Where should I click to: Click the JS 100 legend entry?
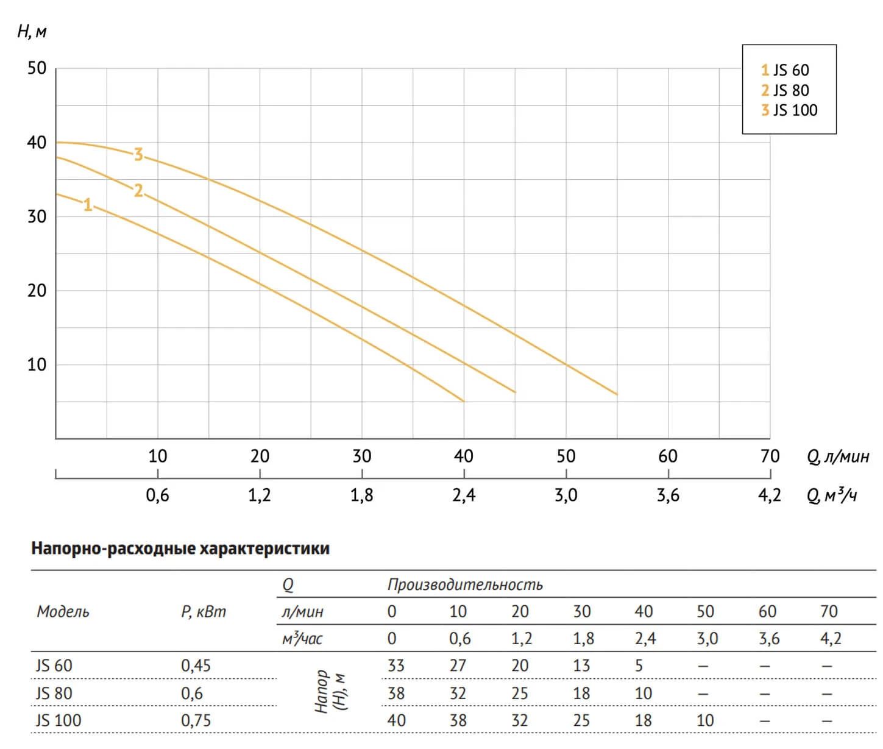[x=789, y=110]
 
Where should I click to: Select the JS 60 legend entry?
[x=785, y=70]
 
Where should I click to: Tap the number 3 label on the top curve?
[x=138, y=155]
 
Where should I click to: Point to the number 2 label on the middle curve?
[x=138, y=191]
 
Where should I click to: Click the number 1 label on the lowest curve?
[x=88, y=205]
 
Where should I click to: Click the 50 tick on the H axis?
[x=37, y=68]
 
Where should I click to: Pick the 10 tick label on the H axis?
[x=37, y=364]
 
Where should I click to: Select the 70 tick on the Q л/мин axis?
[x=770, y=456]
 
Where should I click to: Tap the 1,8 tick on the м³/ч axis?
[x=361, y=495]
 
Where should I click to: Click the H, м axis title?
[x=32, y=31]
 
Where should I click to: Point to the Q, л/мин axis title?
[x=838, y=456]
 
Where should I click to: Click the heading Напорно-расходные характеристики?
[x=180, y=548]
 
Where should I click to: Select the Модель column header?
[x=63, y=612]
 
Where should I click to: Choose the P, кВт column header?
[x=204, y=612]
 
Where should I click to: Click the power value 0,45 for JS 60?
[x=196, y=666]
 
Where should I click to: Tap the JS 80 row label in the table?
[x=54, y=694]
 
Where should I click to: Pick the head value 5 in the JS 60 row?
[x=639, y=666]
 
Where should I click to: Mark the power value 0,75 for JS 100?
[x=196, y=720]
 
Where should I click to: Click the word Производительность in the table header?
[x=465, y=585]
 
